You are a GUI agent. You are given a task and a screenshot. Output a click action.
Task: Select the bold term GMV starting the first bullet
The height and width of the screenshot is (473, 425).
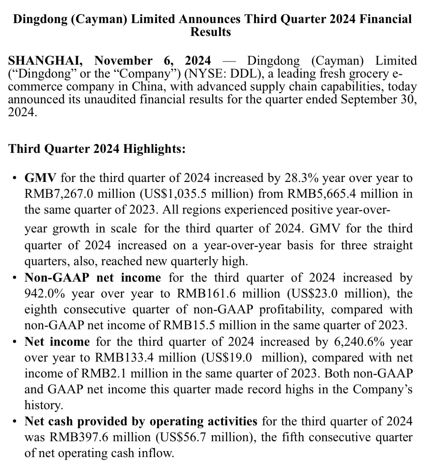(41, 177)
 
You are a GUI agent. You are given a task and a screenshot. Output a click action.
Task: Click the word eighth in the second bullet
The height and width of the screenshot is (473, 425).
(41, 309)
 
